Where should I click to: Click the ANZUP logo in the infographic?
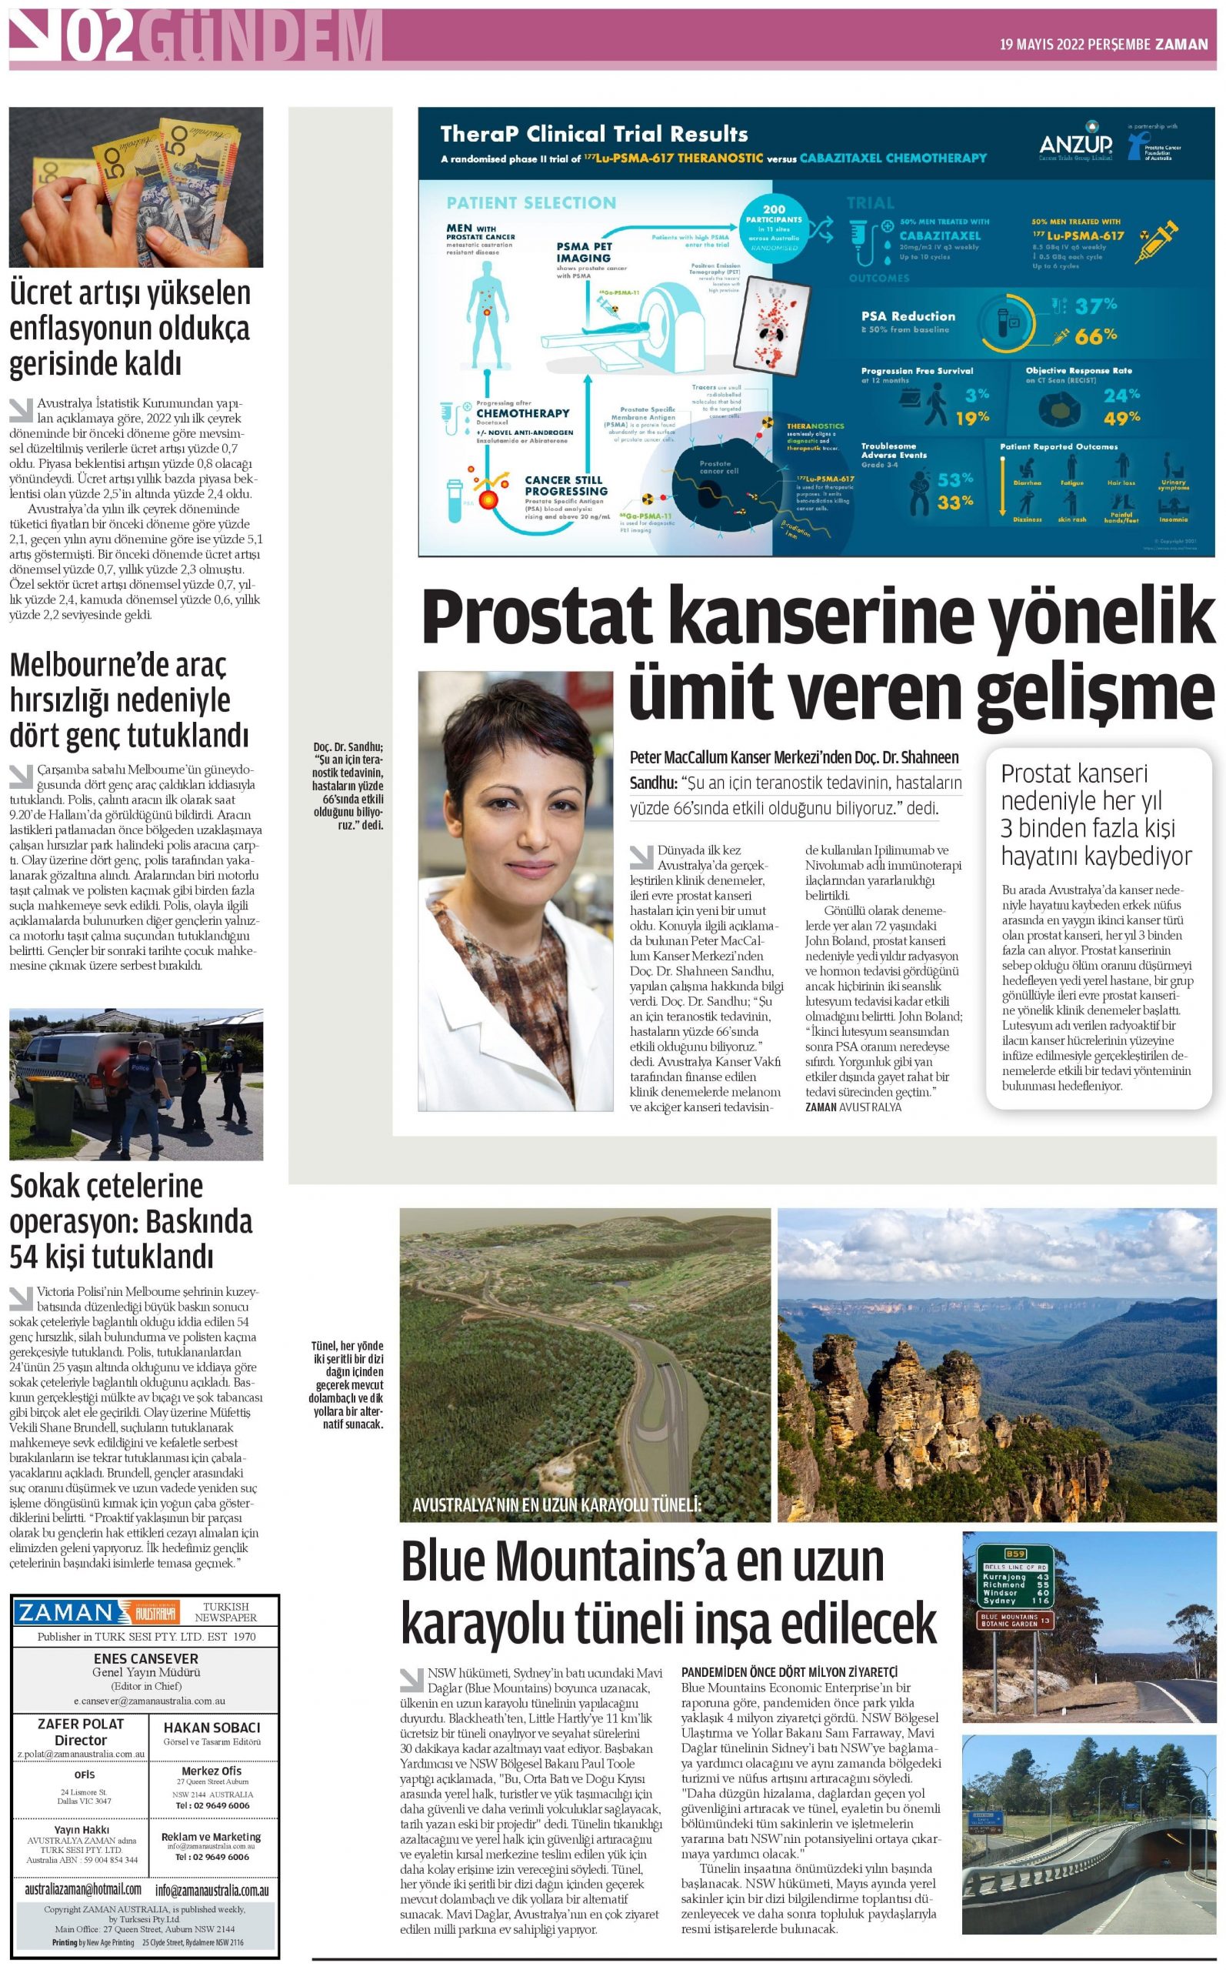pyautogui.click(x=1075, y=145)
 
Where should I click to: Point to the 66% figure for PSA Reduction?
pyautogui.click(x=1095, y=335)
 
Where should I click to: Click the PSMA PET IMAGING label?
pyautogui.click(x=584, y=252)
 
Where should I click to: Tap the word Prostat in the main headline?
pyautogui.click(x=536, y=618)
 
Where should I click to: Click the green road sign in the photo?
pyautogui.click(x=1015, y=1575)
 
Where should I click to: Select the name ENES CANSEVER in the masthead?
pyautogui.click(x=146, y=1659)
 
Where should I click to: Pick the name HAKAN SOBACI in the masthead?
pyautogui.click(x=212, y=1728)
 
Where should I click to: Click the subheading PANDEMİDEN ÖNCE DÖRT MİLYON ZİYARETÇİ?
pyautogui.click(x=789, y=1672)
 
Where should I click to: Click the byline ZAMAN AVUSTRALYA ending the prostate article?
pyautogui.click(x=853, y=1107)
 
